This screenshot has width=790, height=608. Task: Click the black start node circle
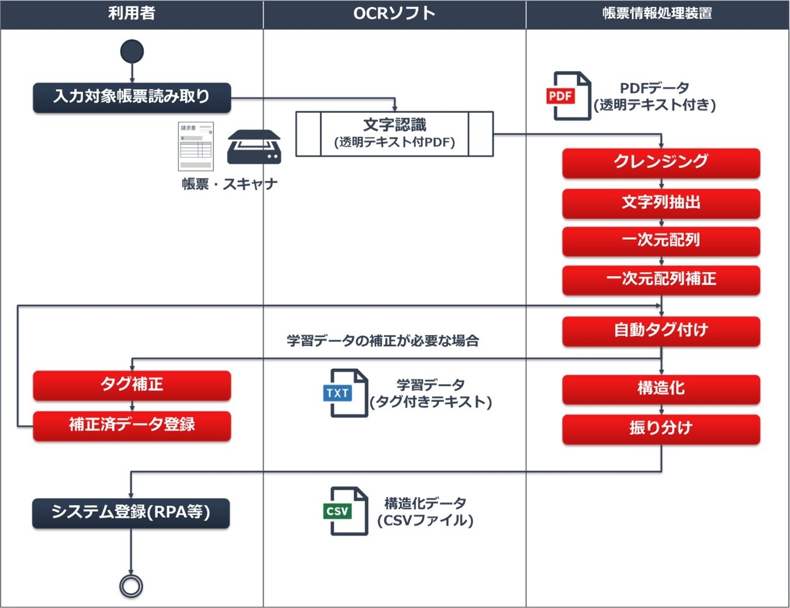pos(132,51)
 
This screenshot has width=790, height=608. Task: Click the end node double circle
pos(131,586)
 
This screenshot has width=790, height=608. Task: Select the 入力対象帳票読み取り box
pos(132,97)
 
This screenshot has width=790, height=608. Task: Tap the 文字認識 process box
pos(394,134)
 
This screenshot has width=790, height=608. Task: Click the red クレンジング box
pos(661,163)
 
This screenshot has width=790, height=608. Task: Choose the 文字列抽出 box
pos(661,203)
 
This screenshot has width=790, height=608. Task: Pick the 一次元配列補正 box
pos(661,280)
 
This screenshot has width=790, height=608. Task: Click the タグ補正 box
pos(132,385)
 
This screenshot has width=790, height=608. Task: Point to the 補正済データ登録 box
pos(132,425)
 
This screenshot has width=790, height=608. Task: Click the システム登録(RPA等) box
pos(131,513)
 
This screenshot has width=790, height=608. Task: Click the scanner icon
pos(254,147)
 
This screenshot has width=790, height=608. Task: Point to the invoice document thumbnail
pos(196,146)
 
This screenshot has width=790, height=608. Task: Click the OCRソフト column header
pos(394,13)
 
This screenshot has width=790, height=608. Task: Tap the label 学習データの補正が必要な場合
pos(382,341)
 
